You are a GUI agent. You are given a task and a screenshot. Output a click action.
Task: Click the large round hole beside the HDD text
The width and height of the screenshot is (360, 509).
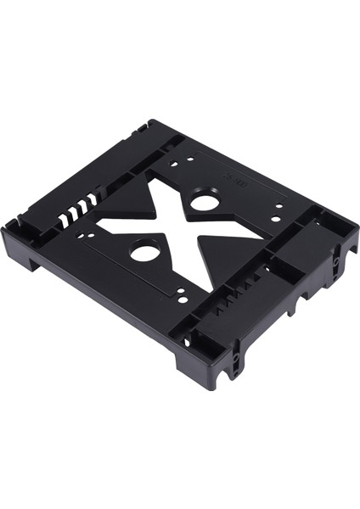point(204,203)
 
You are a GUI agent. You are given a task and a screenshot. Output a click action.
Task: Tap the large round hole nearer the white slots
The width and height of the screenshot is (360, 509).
point(145,252)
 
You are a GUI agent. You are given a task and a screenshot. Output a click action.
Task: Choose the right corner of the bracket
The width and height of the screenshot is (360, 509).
point(352,227)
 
